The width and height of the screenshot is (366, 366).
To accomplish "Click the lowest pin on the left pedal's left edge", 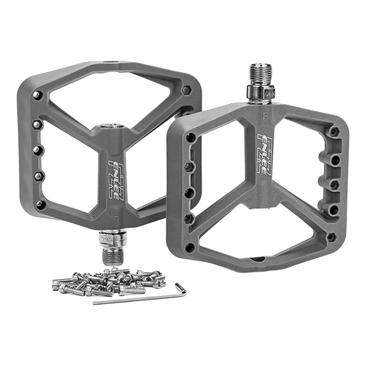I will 40,204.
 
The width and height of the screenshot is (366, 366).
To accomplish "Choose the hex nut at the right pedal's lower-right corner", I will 332,237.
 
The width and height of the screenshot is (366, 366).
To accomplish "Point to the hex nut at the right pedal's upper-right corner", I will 334,132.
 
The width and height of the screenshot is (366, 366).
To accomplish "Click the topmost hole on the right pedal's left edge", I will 191,137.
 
